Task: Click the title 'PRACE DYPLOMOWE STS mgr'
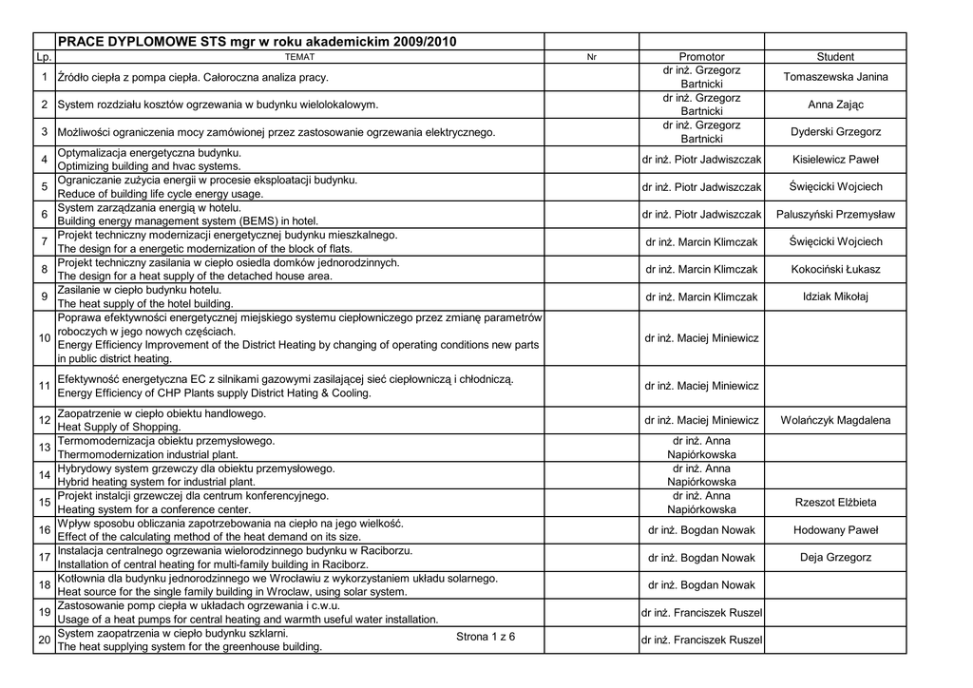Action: point(258,42)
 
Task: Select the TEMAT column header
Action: point(299,57)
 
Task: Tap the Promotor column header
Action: point(701,57)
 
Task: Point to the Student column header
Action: point(835,57)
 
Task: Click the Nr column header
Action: point(591,57)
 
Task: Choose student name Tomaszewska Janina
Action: point(835,77)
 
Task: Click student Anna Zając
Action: point(835,105)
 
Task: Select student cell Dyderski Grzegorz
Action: point(835,132)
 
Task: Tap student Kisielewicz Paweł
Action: point(835,160)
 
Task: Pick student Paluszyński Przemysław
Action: point(835,215)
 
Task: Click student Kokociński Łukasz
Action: point(835,270)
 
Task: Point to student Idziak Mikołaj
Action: point(835,296)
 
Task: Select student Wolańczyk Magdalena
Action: point(835,420)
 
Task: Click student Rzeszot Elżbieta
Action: point(835,502)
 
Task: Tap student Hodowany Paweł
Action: point(835,530)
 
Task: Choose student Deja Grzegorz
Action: point(835,558)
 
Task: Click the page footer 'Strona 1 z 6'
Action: point(486,636)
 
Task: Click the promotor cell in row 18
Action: point(701,585)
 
